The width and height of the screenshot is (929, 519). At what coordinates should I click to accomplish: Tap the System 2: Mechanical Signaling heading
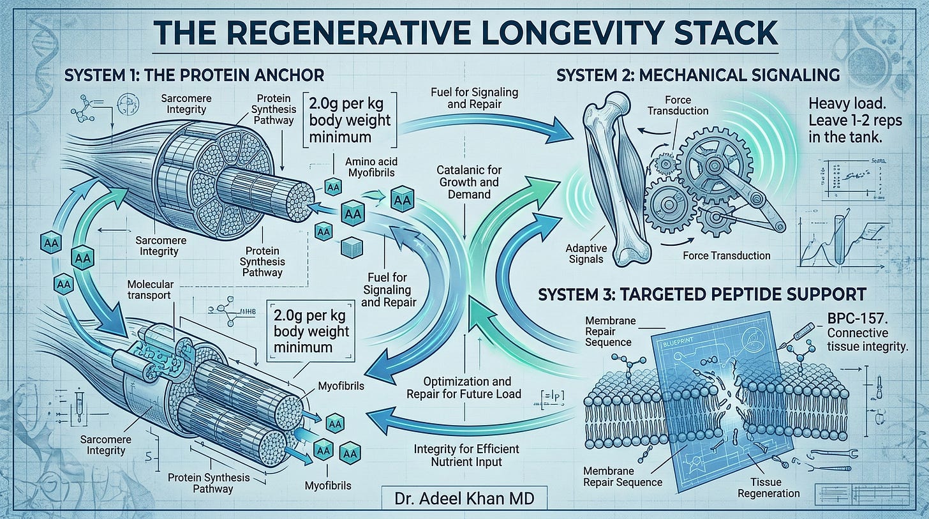point(698,75)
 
